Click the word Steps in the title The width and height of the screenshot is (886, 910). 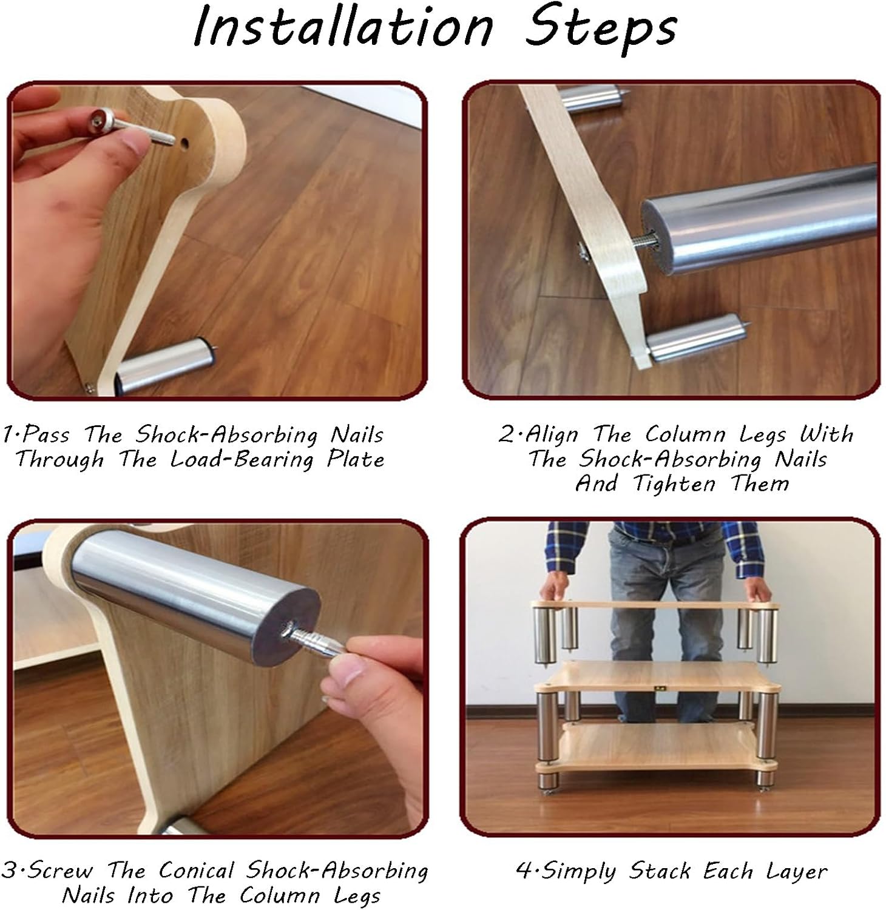pyautogui.click(x=600, y=28)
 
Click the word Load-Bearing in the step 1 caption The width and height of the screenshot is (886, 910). pyautogui.click(x=242, y=459)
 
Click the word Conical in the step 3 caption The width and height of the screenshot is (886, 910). pyautogui.click(x=196, y=870)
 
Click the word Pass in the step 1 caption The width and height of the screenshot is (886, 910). pyautogui.click(x=45, y=435)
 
